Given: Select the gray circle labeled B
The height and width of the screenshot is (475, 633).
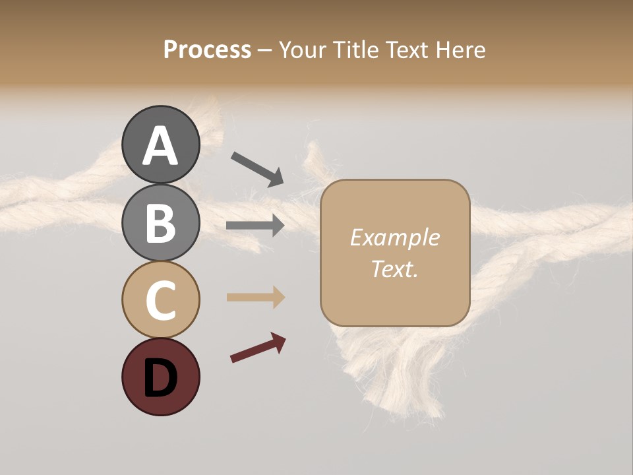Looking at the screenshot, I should (160, 222).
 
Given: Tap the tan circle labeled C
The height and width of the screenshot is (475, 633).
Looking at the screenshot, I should (160, 300).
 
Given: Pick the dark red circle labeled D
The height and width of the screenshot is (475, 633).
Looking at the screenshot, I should (160, 377).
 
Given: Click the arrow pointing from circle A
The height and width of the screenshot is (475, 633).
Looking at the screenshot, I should (257, 168).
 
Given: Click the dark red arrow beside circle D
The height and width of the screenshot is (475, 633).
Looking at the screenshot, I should (258, 348).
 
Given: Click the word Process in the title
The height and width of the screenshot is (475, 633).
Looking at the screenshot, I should (207, 50).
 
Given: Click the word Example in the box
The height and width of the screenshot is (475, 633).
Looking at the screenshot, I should (394, 237).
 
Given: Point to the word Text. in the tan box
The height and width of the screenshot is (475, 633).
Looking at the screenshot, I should (394, 269).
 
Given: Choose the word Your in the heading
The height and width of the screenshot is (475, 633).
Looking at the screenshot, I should (303, 50).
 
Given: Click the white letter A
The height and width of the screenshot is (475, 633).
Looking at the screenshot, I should (160, 146).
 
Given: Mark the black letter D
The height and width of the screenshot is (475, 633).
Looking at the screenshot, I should (160, 379).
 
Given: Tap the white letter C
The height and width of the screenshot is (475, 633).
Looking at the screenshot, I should (160, 301).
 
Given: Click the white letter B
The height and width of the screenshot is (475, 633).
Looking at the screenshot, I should (160, 224).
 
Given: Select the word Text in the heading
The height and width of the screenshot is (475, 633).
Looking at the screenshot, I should (406, 50).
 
